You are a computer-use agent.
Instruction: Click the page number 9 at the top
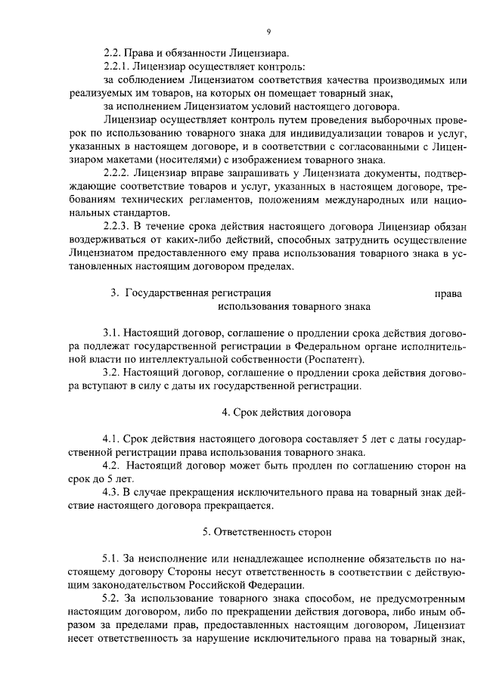click(x=268, y=31)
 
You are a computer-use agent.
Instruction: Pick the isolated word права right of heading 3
click(x=449, y=293)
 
